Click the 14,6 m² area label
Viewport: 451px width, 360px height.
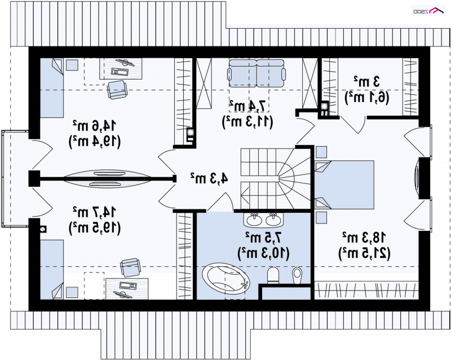tap(94, 126)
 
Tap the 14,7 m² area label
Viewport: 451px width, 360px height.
tap(94, 212)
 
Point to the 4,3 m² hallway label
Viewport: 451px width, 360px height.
tap(209, 178)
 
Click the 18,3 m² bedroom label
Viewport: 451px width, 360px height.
tap(364, 238)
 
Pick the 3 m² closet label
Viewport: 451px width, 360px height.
tap(367, 82)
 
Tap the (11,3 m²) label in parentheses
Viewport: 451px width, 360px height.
tap(247, 122)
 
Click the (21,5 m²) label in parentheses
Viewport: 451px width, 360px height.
tap(364, 253)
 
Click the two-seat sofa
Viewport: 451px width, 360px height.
tap(257, 73)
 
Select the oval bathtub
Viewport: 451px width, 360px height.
tap(226, 278)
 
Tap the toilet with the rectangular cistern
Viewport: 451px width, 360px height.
tap(273, 275)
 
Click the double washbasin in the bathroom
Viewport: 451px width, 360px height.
tap(263, 219)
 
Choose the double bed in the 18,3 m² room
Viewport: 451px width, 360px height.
tap(344, 185)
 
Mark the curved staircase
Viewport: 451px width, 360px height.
tap(276, 178)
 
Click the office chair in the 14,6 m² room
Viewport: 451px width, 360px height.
tap(117, 89)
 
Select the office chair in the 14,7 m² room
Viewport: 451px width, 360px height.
tap(130, 267)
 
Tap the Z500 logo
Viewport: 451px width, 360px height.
tap(429, 11)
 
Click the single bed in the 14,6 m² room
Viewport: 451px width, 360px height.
tap(51, 88)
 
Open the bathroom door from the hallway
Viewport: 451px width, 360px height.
tap(220, 203)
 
